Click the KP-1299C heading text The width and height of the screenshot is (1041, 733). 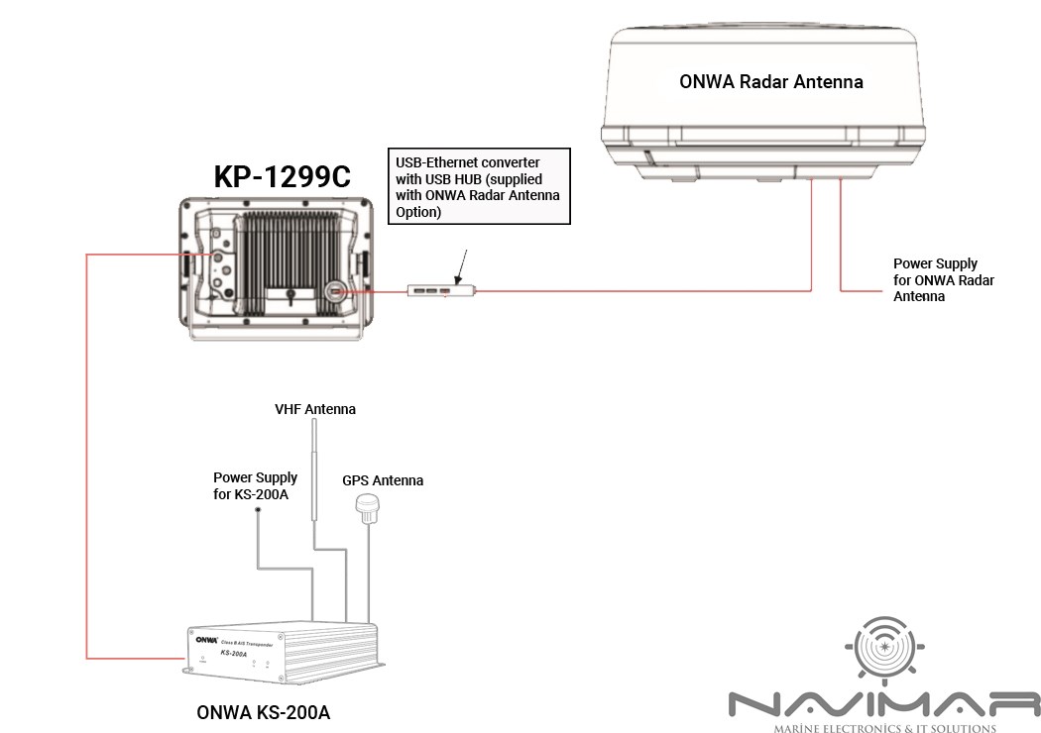(x=283, y=176)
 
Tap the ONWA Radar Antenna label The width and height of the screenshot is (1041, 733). (x=770, y=81)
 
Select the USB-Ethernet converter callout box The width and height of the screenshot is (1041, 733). (x=477, y=185)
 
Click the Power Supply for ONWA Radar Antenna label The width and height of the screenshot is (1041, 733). (x=943, y=279)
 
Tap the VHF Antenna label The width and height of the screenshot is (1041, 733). (x=314, y=408)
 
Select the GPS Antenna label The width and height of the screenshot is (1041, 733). (x=383, y=480)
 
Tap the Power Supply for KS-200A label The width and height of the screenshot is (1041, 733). (x=255, y=485)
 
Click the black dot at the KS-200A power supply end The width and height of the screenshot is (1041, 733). (x=258, y=509)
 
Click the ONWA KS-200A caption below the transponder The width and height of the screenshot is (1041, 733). (x=262, y=711)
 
